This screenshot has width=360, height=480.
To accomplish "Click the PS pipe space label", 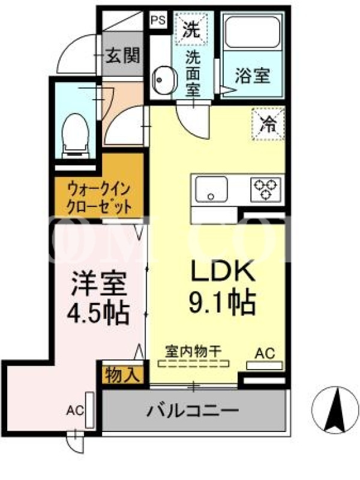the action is (158, 20).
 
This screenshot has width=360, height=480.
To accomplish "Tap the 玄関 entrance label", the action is (123, 55).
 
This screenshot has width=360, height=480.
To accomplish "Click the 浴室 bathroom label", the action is (253, 76).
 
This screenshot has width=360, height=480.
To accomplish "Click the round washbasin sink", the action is (164, 80).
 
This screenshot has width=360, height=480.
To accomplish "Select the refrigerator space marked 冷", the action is (268, 124).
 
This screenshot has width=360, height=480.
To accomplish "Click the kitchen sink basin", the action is (211, 189).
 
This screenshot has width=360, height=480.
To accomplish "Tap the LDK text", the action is (223, 271).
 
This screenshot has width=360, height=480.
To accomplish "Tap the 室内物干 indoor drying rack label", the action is (193, 352).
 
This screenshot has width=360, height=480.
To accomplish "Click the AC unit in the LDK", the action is (265, 365).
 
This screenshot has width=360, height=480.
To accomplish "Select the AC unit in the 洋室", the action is (89, 410).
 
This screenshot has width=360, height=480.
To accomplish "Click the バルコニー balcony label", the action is (192, 410).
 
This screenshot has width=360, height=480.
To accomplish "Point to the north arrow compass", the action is (335, 410).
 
